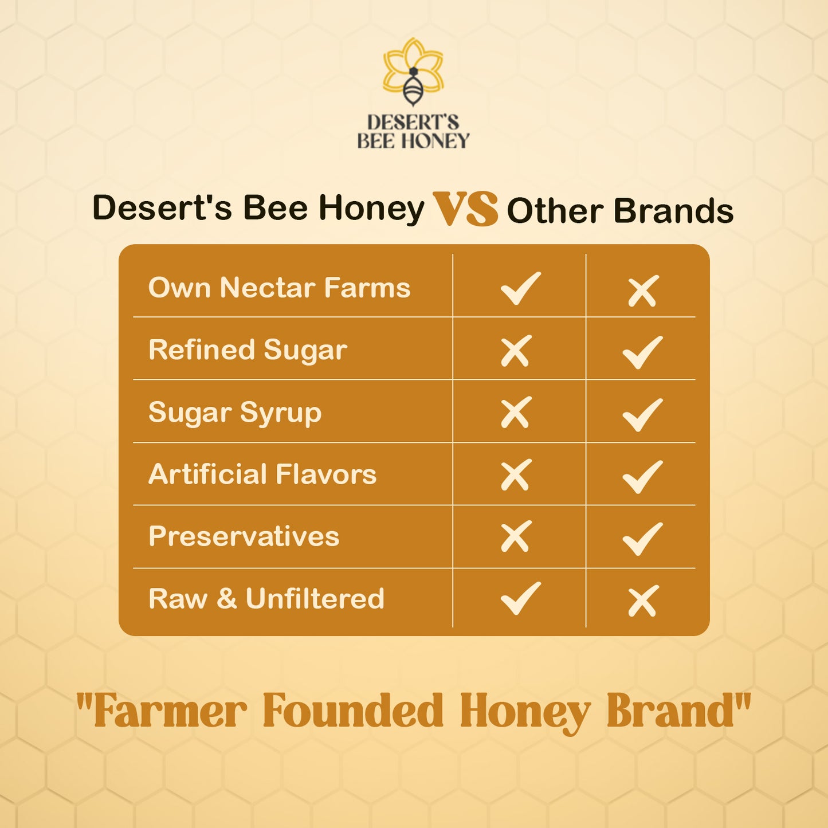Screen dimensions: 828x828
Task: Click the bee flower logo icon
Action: pyautogui.click(x=413, y=72)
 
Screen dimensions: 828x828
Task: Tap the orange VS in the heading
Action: pyautogui.click(x=465, y=209)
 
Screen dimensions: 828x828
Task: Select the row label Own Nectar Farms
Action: pyautogui.click(x=279, y=288)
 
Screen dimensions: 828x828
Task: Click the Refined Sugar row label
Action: pyautogui.click(x=248, y=350)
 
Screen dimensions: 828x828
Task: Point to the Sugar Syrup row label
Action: pyautogui.click(x=235, y=413)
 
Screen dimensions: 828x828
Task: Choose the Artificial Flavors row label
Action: pyautogui.click(x=262, y=474)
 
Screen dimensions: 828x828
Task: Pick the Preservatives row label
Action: pyautogui.click(x=244, y=537)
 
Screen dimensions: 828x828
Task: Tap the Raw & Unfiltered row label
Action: pyautogui.click(x=266, y=599)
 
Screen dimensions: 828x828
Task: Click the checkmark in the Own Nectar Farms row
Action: pyautogui.click(x=520, y=288)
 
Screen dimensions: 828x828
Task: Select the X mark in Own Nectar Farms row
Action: pyautogui.click(x=643, y=292)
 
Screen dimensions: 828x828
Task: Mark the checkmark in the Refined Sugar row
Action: pyautogui.click(x=642, y=352)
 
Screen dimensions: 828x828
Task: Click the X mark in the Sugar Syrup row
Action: pyautogui.click(x=516, y=413)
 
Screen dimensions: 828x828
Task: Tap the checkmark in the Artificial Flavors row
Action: pyautogui.click(x=642, y=476)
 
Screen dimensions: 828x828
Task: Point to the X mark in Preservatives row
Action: pyautogui.click(x=516, y=537)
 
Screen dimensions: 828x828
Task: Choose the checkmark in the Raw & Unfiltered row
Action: pyautogui.click(x=520, y=598)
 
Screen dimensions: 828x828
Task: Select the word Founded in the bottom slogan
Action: pyautogui.click(x=353, y=711)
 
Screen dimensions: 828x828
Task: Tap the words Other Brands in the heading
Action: pyautogui.click(x=620, y=211)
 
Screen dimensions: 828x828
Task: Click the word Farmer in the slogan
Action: pyautogui.click(x=170, y=711)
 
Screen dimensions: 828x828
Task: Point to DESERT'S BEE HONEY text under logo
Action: pyautogui.click(x=413, y=132)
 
